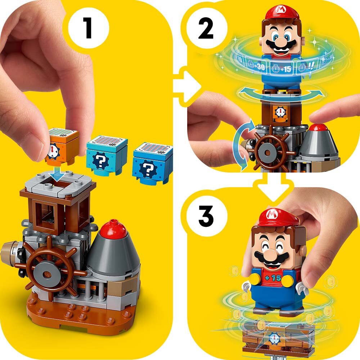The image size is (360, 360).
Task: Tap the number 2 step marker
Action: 206,30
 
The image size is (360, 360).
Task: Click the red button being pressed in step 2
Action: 318,127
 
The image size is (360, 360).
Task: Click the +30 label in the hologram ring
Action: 257,67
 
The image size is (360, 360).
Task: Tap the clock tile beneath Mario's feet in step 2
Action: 280,111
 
